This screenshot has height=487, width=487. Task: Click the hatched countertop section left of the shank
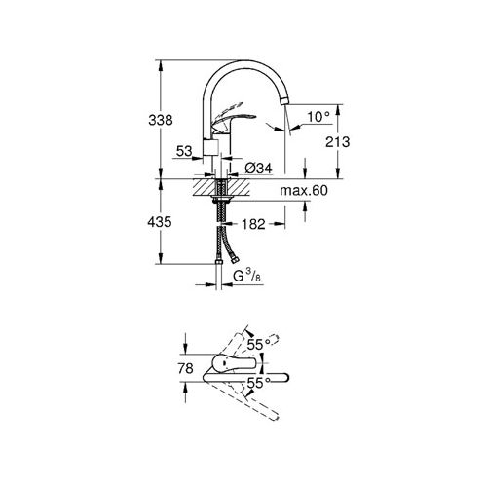(x=204, y=186)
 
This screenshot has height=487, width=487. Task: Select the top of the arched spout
(x=248, y=65)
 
